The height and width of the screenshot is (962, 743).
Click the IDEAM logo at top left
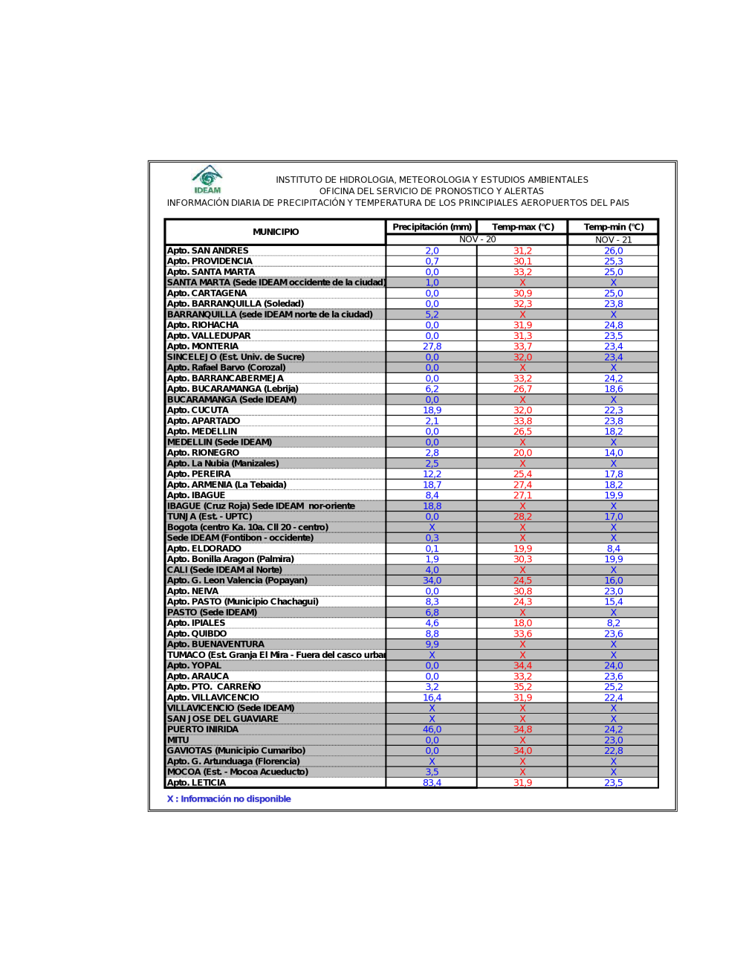click(207, 179)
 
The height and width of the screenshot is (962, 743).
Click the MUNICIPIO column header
click(276, 232)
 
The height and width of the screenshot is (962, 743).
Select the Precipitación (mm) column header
click(432, 227)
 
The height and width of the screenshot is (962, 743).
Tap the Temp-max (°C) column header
click(522, 227)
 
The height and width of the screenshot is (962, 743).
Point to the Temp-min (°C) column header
click(613, 227)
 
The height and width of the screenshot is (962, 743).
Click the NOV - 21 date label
click(613, 239)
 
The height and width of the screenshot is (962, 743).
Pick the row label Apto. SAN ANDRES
click(208, 251)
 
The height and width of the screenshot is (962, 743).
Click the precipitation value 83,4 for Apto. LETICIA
click(432, 783)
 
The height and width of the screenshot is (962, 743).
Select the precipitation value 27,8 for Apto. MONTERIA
click(432, 346)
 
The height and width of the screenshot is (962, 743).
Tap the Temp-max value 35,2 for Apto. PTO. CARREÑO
click(522, 687)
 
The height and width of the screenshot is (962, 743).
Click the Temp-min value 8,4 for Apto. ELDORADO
click(613, 549)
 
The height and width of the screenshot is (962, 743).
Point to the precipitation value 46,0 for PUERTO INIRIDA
click(432, 729)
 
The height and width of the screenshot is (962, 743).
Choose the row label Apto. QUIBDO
click(197, 634)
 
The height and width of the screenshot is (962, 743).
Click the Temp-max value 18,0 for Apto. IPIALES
click(522, 623)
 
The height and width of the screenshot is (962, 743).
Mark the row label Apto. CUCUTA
click(198, 410)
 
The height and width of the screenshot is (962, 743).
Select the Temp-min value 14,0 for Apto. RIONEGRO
click(613, 453)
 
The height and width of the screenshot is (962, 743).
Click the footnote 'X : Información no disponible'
click(229, 799)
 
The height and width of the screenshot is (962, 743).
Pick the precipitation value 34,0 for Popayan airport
click(432, 581)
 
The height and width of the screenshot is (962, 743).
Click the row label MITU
click(178, 740)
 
